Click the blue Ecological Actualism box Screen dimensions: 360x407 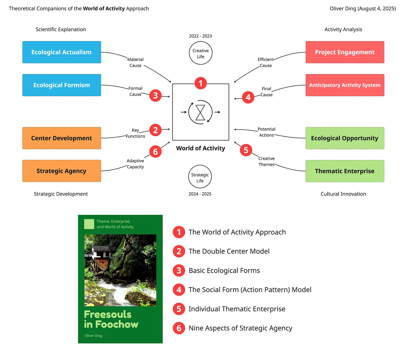point(61,52)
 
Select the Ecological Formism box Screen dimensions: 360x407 point(61,85)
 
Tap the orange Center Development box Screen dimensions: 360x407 point(61,138)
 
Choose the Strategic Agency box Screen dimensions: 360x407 point(61,171)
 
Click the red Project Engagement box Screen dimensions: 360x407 point(345,52)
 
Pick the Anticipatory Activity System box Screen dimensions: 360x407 point(345,85)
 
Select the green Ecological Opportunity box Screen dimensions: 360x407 point(345,138)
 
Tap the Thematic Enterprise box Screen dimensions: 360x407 point(345,171)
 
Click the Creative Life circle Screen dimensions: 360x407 point(201,53)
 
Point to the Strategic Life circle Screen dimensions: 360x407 point(200,178)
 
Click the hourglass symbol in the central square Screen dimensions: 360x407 point(200,112)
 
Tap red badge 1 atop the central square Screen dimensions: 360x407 point(201,83)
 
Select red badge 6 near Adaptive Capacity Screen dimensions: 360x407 point(155,151)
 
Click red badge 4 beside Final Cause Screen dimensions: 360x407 point(248,97)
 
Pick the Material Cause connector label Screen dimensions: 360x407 point(135,62)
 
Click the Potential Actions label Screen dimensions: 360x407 point(266,132)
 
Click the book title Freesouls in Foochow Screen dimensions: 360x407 point(111,319)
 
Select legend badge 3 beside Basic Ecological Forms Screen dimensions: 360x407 point(179,271)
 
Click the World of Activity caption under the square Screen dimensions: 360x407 point(201,148)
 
